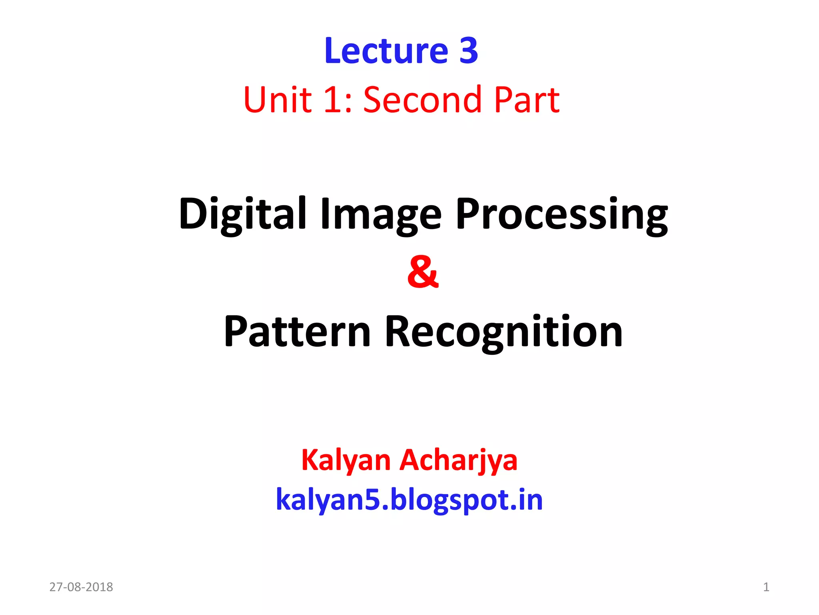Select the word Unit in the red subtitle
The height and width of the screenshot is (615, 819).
277,100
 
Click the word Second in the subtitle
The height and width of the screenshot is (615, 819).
422,100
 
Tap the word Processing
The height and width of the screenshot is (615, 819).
561,214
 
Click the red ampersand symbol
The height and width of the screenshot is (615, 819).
423,272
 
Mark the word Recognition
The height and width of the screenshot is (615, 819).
503,332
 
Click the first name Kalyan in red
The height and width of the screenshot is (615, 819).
346,460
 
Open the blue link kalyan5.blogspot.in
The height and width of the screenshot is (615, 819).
409,500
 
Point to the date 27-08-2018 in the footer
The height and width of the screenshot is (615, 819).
81,587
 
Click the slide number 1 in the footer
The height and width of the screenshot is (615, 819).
766,587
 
